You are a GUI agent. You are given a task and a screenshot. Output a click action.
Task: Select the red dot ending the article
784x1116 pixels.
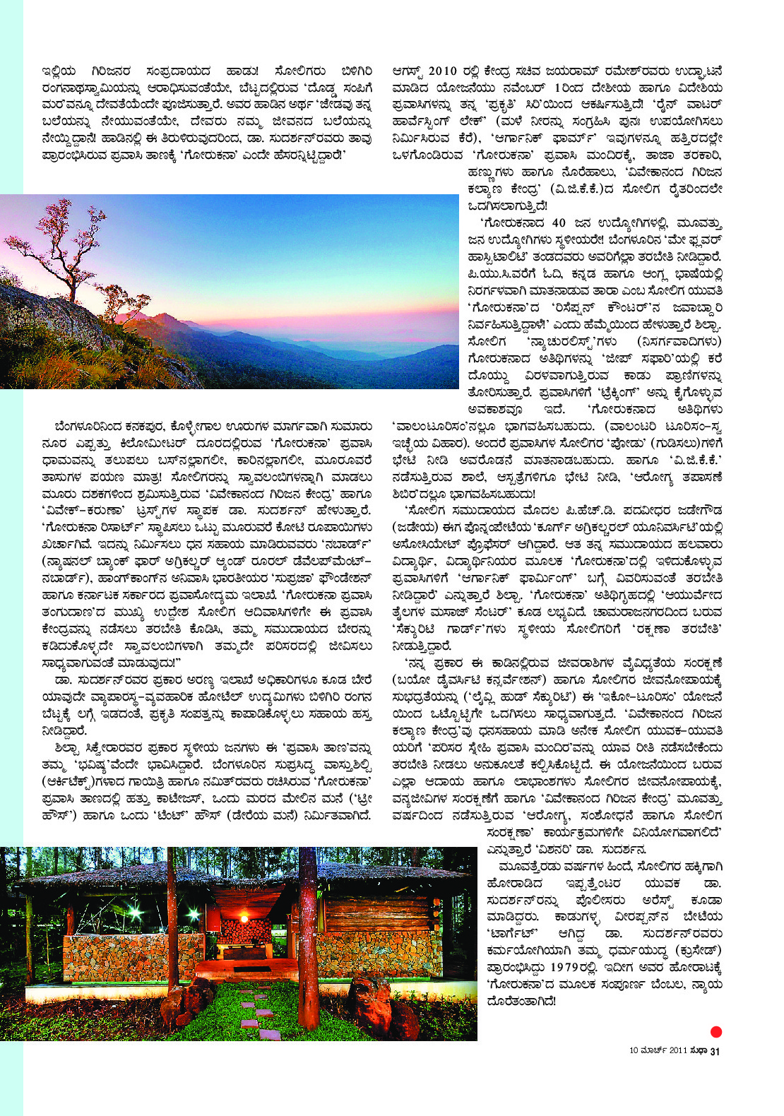[x=715, y=1032]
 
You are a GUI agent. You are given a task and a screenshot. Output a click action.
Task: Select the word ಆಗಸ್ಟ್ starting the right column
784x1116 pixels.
[x=409, y=71]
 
